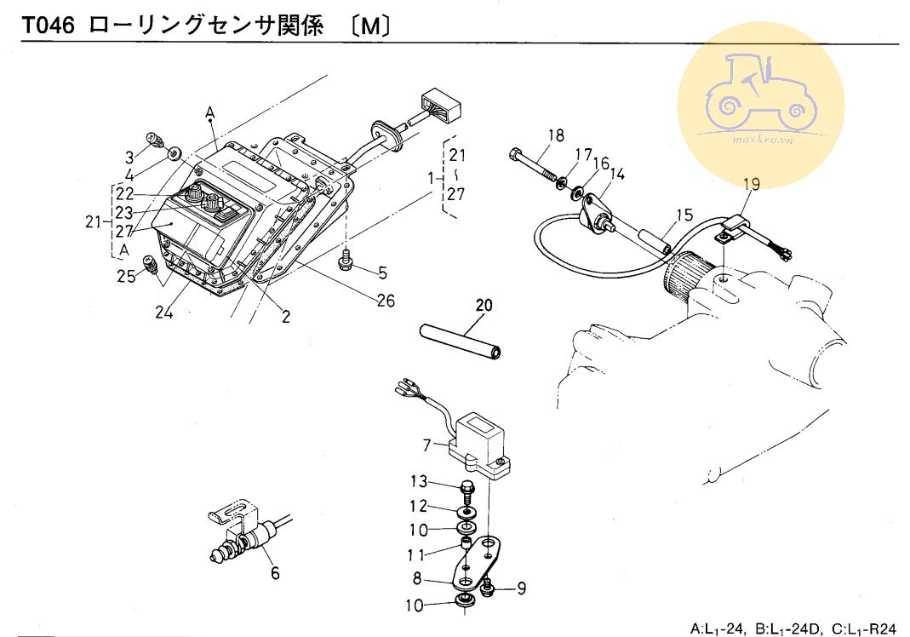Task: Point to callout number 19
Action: (749, 184)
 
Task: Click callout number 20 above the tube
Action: (484, 304)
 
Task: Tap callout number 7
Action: (427, 444)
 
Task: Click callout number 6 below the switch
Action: (274, 572)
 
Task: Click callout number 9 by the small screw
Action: (522, 587)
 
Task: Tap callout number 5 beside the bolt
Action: (382, 273)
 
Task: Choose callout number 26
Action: (387, 301)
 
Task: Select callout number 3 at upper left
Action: (129, 157)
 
